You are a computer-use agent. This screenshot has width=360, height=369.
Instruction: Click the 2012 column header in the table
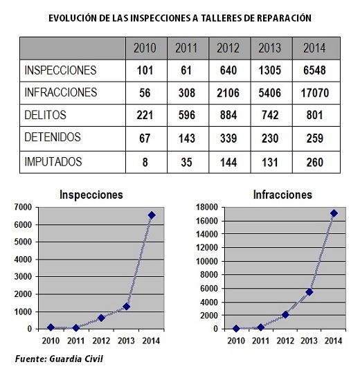(x=228, y=48)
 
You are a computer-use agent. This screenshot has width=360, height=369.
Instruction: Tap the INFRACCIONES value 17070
(x=315, y=93)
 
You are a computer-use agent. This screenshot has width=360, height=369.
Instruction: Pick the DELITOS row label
(x=46, y=115)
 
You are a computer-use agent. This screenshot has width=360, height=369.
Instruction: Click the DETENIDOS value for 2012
(x=228, y=138)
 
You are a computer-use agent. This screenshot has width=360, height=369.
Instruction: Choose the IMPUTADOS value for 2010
(x=145, y=163)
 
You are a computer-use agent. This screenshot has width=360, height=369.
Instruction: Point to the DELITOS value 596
(x=187, y=115)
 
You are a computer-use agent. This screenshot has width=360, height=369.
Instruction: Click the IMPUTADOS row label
(x=53, y=162)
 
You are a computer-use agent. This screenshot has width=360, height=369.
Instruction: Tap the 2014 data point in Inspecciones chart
(x=152, y=215)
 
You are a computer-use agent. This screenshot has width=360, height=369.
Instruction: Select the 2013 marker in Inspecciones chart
(x=127, y=307)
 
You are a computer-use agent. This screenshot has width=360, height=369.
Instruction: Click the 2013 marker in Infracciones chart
(x=309, y=292)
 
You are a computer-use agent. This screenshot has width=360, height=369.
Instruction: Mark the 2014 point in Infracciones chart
(x=334, y=213)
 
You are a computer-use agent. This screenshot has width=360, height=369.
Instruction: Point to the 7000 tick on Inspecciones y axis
(x=23, y=207)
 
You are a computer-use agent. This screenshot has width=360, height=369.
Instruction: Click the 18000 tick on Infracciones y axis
(x=207, y=207)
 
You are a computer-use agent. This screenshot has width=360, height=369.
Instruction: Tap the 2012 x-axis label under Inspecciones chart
(x=101, y=341)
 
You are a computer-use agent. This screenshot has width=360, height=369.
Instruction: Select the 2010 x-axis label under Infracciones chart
(x=236, y=341)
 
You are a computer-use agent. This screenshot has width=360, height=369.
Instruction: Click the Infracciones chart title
(x=282, y=195)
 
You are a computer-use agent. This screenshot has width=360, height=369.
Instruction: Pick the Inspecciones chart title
(x=91, y=195)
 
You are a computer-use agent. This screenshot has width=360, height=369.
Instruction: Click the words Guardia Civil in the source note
(x=76, y=359)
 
